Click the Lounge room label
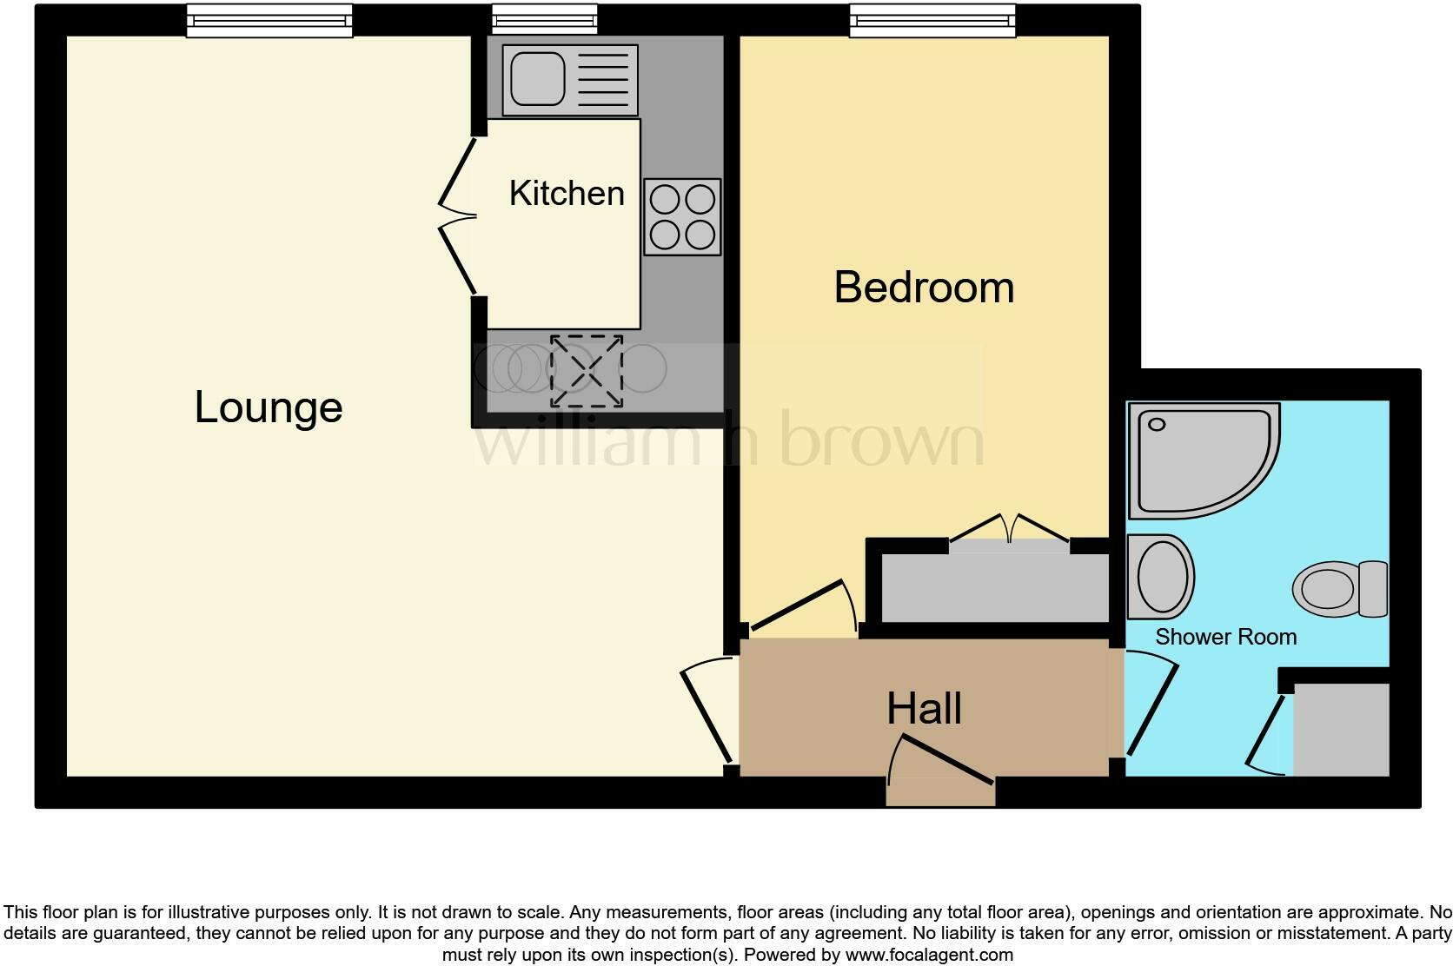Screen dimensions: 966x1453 pos(269,407)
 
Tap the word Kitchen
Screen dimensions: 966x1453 pos(567,193)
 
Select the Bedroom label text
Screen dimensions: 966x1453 pos(924,287)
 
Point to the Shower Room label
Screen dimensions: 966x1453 pos(1225,637)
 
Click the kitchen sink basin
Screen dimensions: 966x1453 pos(538,78)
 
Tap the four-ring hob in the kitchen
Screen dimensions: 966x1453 pos(682,217)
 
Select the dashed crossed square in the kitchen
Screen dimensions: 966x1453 pos(587,371)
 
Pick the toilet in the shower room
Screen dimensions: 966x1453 pos(1338,588)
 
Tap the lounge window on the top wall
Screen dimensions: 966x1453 pos(269,20)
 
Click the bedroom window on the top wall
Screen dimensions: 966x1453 pos(932,20)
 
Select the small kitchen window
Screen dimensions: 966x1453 pos(544,20)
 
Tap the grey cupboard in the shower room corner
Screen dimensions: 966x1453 pos(1341,730)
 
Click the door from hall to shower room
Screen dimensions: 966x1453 pos(1151,708)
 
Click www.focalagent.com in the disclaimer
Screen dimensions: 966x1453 pos(929,955)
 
